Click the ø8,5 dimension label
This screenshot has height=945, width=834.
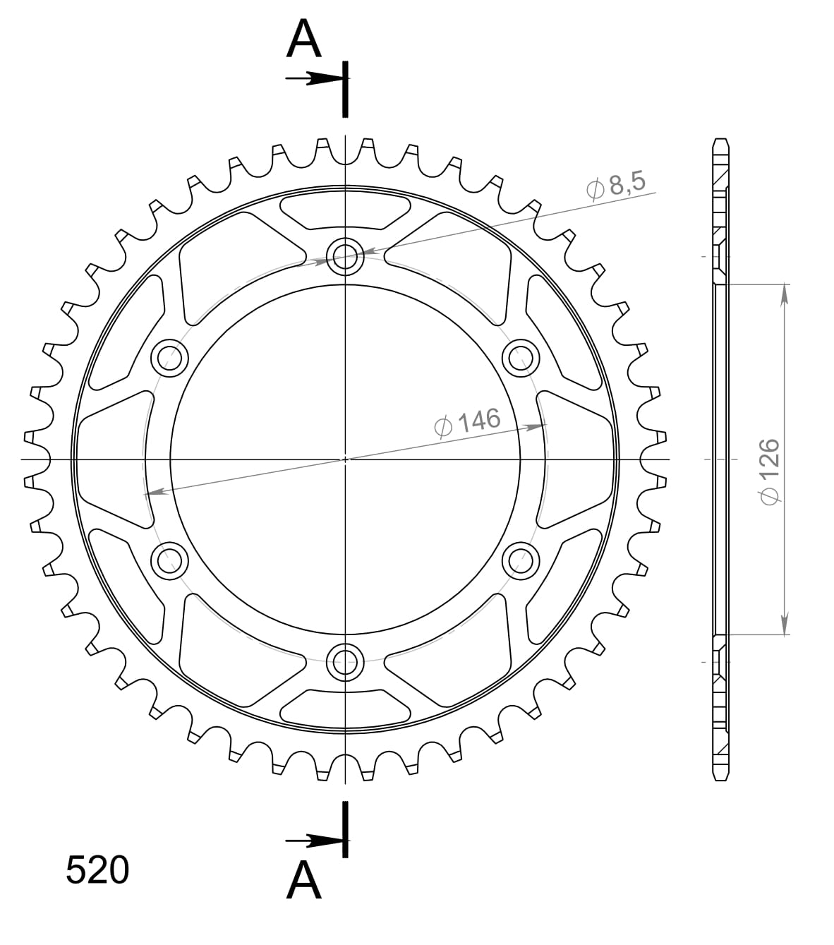[x=615, y=186]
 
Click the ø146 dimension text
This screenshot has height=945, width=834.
[x=467, y=423]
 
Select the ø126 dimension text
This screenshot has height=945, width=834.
[x=768, y=471]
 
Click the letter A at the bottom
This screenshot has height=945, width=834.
[x=304, y=881]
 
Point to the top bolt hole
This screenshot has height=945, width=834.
[x=345, y=255]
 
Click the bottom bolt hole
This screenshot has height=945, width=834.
[x=345, y=661]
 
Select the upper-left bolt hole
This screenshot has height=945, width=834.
[x=170, y=358]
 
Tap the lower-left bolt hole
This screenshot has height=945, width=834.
[x=170, y=560]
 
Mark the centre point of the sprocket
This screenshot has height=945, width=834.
[x=345, y=459]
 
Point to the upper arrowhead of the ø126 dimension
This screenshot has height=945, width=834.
[x=784, y=292]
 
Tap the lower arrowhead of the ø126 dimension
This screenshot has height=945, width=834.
[x=784, y=625]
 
